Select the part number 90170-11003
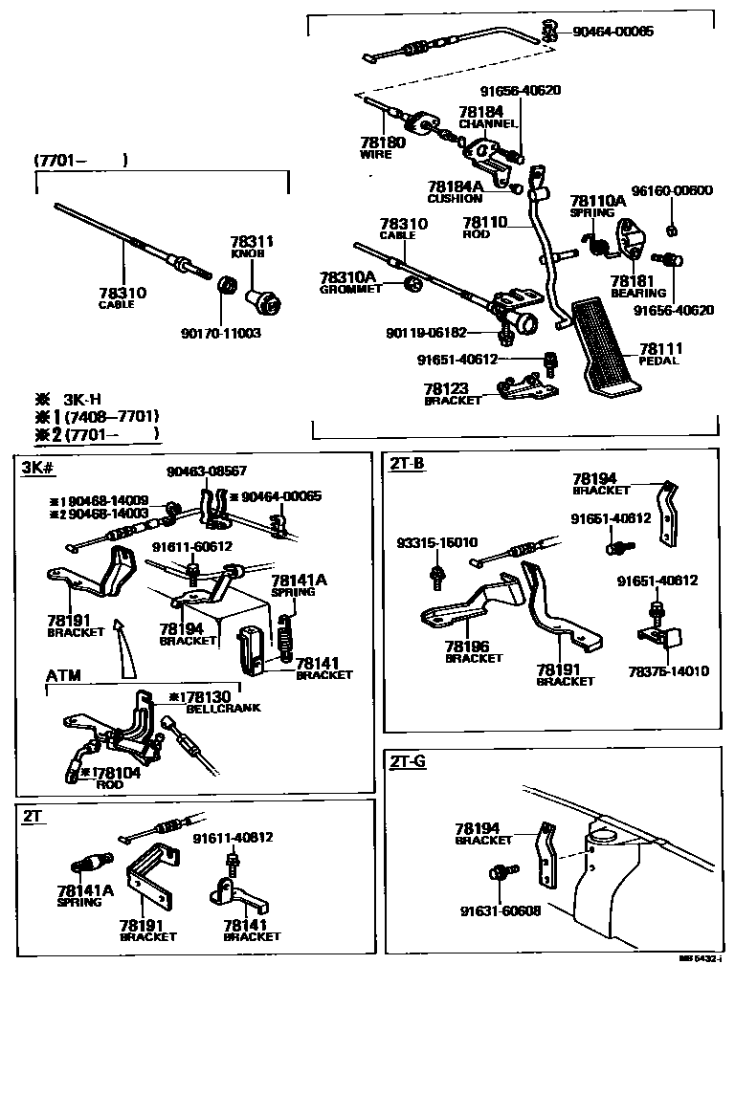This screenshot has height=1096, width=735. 220,334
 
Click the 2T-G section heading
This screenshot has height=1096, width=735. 408,761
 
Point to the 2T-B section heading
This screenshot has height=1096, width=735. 407,464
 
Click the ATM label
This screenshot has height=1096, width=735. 63,675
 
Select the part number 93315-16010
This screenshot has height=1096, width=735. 437,543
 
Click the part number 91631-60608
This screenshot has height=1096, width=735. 499,910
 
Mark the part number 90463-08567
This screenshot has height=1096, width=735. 207,471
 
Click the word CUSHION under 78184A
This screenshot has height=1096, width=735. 455,199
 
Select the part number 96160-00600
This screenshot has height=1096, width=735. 672,190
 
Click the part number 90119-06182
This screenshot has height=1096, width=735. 427,333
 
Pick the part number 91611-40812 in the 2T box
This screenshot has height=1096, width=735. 234,838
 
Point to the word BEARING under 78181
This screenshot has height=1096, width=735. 638,294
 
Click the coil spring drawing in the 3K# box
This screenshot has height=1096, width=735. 284,635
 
